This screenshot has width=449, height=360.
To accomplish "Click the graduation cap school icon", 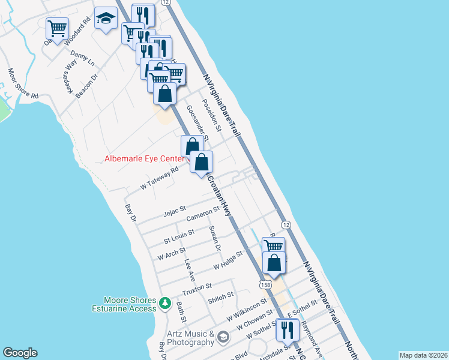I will tap(106, 19).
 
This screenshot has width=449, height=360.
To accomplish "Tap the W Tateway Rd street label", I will tap(160, 179).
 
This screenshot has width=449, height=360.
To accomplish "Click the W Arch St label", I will tap(172, 252).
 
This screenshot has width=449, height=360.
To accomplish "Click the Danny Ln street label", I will tap(83, 59).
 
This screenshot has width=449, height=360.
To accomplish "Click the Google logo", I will tap(20, 353).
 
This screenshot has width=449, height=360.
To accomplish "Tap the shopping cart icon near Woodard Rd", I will tap(57, 28).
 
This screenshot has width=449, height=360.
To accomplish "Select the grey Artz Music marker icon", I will tap(223, 338).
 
